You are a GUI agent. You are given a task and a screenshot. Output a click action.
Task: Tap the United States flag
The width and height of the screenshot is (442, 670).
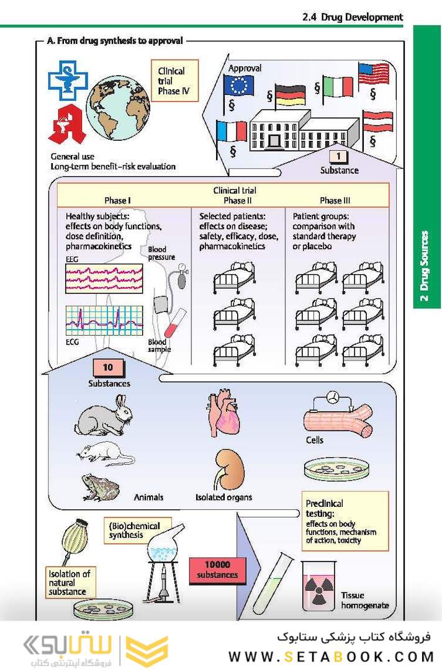374,73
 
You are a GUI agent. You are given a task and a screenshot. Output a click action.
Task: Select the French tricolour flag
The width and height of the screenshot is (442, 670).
232,131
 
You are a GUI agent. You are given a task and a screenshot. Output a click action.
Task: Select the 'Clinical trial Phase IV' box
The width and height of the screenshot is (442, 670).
176,81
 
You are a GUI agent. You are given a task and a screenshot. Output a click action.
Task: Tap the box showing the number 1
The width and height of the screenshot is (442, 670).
339,157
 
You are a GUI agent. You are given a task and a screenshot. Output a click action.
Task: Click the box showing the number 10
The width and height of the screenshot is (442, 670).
109,368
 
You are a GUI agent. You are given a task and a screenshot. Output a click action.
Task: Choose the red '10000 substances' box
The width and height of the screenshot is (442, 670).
217,569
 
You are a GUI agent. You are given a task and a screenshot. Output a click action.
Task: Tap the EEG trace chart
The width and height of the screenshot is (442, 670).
104,278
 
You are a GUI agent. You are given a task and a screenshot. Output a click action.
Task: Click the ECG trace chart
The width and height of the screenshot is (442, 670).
104,320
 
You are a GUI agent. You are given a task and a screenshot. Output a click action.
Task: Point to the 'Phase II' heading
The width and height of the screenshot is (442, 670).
234,200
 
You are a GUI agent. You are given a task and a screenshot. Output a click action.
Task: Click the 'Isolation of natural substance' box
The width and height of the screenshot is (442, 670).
70,583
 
